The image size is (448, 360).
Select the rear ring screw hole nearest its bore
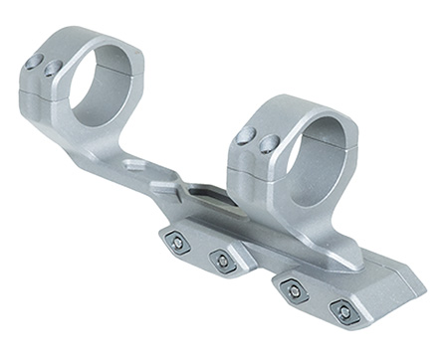click(x=52, y=69)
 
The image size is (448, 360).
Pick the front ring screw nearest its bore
click(x=267, y=145)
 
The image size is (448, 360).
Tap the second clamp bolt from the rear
click(x=222, y=260)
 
